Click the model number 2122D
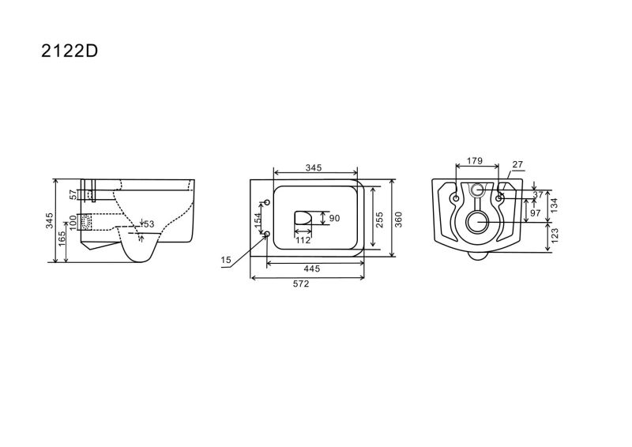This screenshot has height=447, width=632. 70,51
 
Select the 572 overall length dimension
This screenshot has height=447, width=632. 301,284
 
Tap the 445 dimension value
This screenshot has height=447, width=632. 312,269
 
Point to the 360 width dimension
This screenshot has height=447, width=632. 399,220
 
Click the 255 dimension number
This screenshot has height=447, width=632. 379,220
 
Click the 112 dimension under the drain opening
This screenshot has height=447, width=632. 303,240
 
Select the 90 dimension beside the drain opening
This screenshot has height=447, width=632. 334,218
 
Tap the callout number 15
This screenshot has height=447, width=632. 226,260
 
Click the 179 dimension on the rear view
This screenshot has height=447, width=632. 475,161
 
